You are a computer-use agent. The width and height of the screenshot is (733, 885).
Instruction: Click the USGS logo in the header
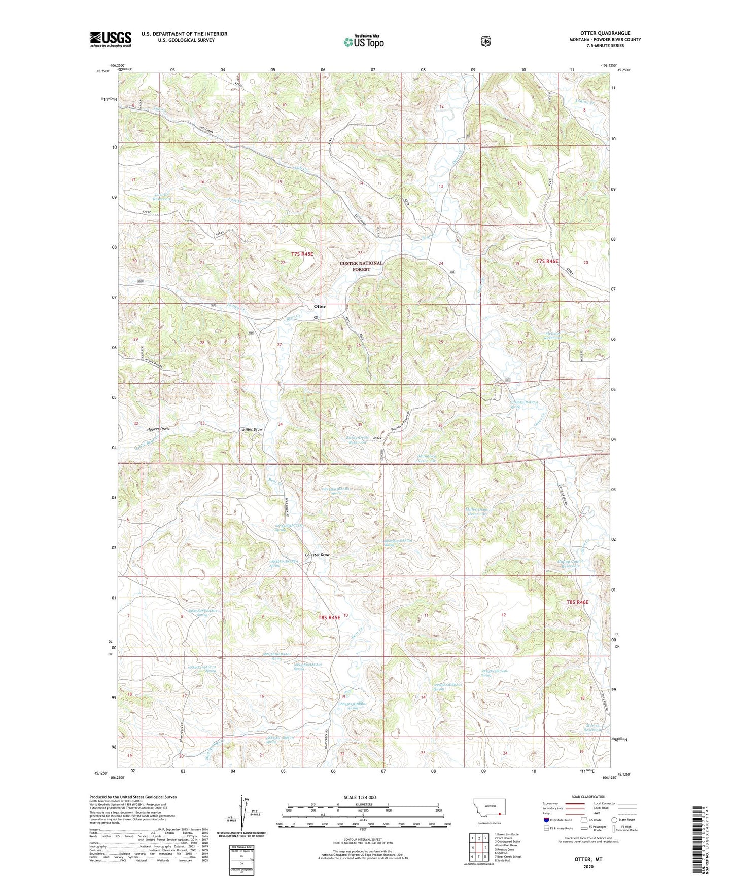click(111, 39)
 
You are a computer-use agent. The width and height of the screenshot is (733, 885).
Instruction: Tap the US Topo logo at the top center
click(363, 42)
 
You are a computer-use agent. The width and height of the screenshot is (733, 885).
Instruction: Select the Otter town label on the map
click(320, 307)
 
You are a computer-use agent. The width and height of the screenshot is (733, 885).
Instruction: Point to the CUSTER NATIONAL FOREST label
click(362, 267)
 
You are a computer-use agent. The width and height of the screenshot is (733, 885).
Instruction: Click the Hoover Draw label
click(157, 429)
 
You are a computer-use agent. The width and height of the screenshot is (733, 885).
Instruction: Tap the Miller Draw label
click(252, 429)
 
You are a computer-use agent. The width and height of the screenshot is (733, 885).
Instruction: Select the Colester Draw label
click(318, 555)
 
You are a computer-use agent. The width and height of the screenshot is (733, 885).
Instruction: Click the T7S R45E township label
click(302, 253)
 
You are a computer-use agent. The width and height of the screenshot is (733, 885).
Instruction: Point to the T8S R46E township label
click(577, 602)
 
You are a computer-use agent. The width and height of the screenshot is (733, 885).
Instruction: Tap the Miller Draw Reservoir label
click(476, 511)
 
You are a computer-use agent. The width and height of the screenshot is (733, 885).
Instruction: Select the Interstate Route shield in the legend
click(546, 820)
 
